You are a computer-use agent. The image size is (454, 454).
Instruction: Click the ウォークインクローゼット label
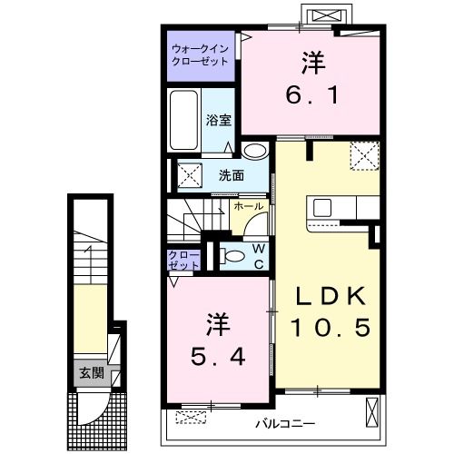[200, 55]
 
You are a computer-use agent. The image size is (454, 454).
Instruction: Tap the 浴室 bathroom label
[219, 121]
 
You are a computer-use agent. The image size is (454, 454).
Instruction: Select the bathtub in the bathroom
[183, 120]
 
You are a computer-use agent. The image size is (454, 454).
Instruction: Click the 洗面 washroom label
[232, 175]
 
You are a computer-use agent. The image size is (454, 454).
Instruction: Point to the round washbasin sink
[255, 151]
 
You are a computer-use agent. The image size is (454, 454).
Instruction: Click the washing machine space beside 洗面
[190, 175]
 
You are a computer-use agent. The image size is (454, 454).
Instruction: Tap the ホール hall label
[248, 206]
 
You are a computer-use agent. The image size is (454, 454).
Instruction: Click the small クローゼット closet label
[183, 261]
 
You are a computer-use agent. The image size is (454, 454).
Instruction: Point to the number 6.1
[311, 95]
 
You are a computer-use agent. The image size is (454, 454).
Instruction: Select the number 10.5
[331, 327]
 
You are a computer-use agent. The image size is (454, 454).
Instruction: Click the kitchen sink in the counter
[322, 208]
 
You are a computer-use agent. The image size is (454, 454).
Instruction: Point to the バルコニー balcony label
[285, 424]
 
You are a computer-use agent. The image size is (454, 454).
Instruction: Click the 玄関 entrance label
[92, 373]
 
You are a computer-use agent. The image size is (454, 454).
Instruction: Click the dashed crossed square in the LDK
[365, 155]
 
